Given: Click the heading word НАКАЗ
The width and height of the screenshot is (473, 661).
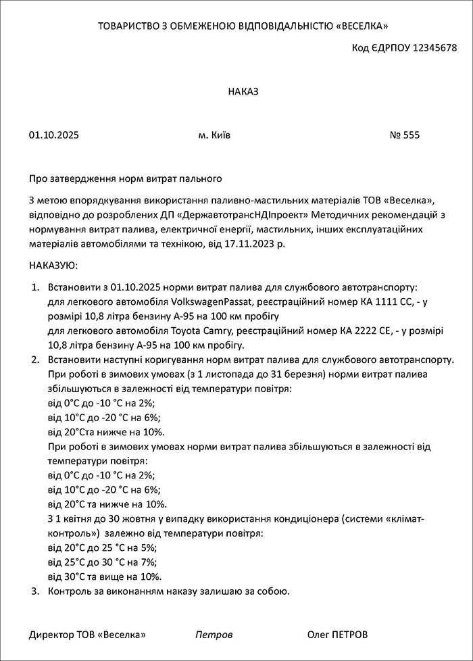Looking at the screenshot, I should (243, 91).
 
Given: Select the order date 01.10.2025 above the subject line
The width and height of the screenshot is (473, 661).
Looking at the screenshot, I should (54, 135).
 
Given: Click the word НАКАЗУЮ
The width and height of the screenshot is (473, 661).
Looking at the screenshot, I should (53, 266).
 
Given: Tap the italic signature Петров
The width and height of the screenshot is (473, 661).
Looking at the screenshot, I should (214, 635).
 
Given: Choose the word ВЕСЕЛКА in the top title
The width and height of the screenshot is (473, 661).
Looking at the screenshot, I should (363, 26).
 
